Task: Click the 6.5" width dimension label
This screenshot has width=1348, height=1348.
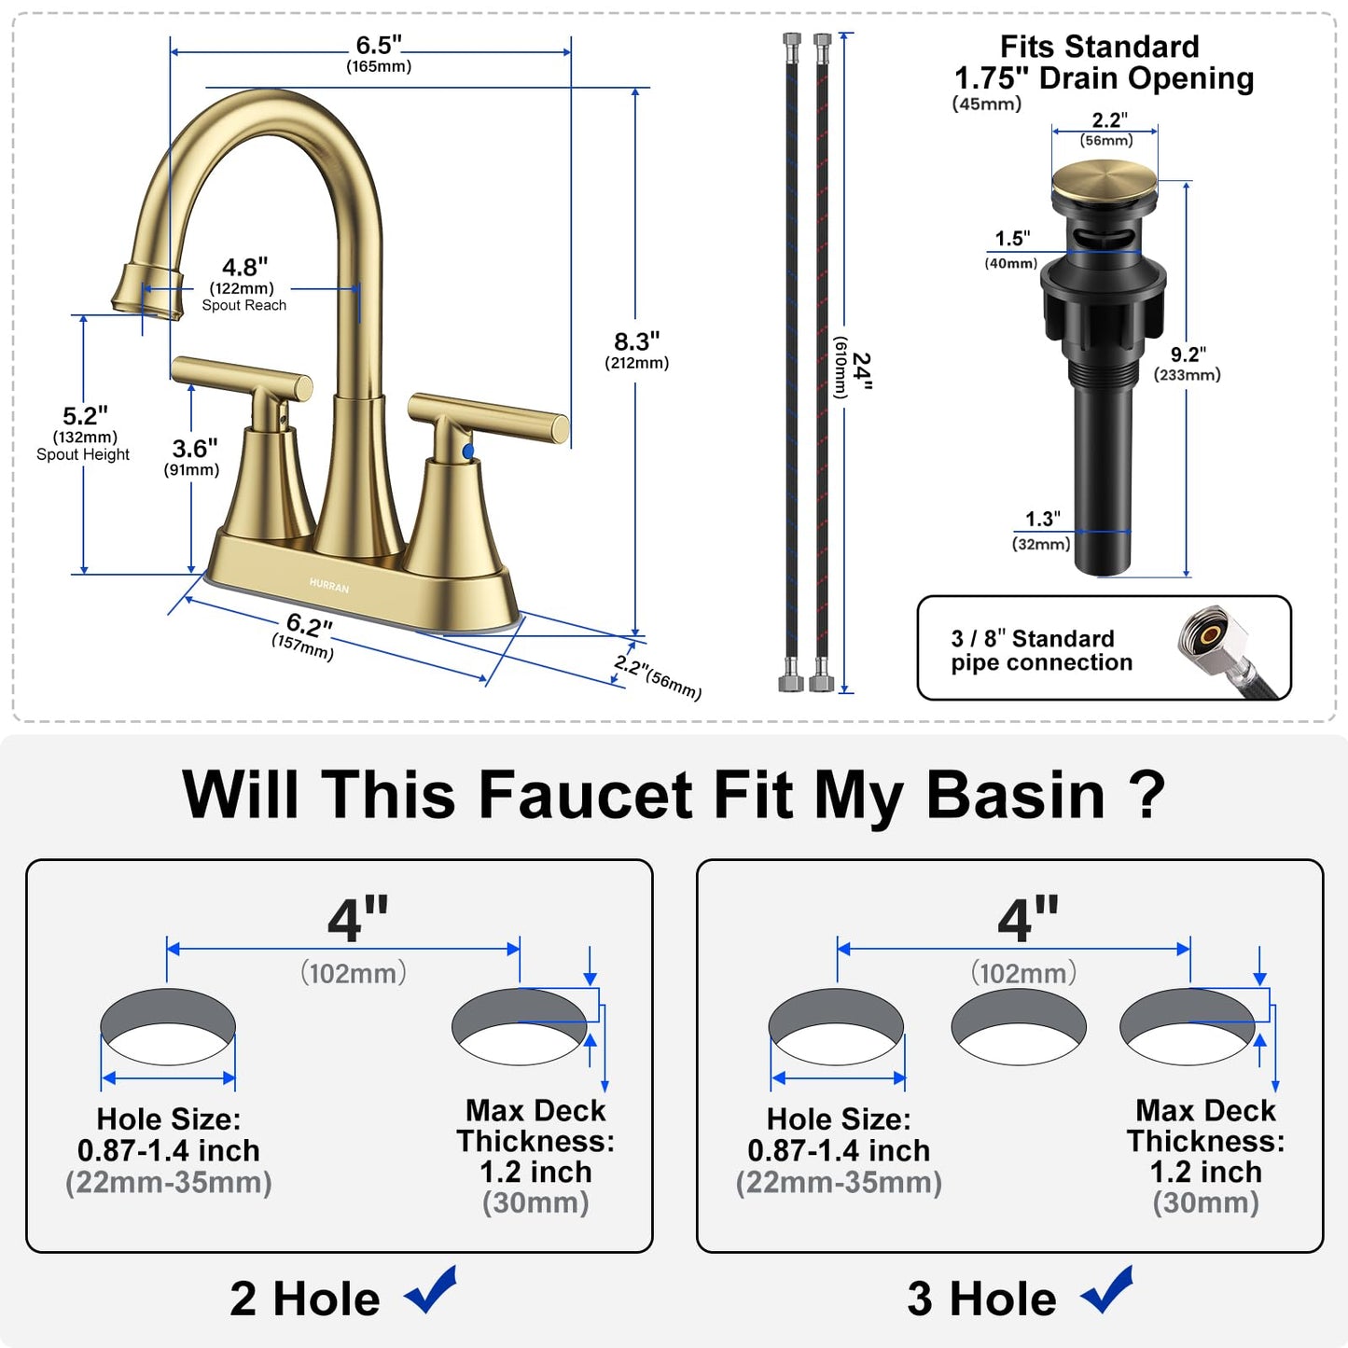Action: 379,46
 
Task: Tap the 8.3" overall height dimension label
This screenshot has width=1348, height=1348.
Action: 636,341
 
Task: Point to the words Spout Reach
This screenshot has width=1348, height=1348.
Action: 244,305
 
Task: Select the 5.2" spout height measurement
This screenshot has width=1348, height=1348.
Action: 85,415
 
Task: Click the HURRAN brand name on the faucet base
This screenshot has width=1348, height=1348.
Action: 328,586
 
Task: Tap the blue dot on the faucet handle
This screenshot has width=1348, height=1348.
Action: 468,452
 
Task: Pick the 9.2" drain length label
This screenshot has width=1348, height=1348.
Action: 1188,354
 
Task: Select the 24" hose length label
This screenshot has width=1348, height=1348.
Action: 863,370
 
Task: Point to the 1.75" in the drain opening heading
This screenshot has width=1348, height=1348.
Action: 993,78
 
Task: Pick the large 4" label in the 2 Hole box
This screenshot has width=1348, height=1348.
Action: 358,919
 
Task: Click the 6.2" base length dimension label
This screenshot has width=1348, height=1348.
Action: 309,624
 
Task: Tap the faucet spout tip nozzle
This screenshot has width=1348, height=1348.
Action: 147,293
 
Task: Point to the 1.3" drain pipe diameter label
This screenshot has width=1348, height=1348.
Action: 1042,519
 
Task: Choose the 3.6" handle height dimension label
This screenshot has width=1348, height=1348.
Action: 194,448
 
